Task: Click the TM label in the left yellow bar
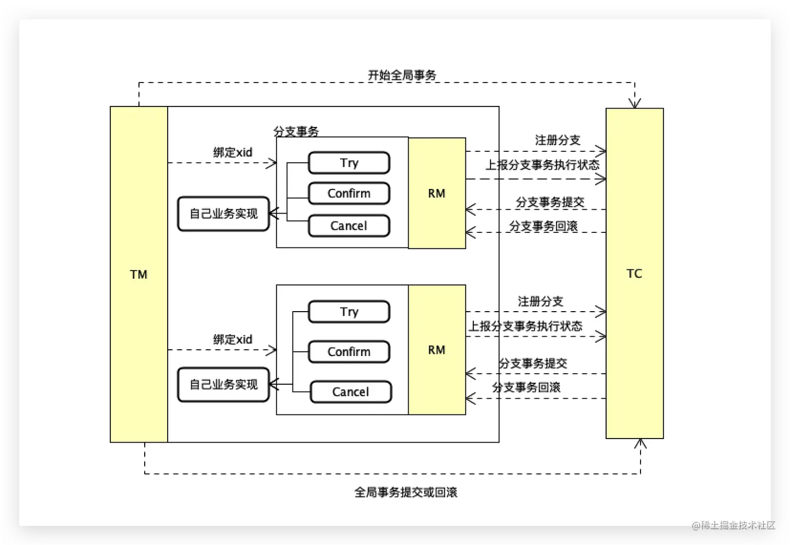pos(138,275)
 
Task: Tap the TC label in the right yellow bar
pos(634,274)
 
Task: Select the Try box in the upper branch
pos(349,163)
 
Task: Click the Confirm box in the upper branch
pos(349,194)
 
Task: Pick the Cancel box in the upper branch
pos(349,226)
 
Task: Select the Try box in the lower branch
pos(349,312)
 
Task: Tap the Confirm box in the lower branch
pos(349,352)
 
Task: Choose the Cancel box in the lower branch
pos(351,392)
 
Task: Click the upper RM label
pos(437,194)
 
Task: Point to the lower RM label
pos(437,350)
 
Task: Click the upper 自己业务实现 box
pos(224,214)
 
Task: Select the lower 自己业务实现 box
pos(224,385)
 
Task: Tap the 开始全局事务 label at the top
pos(402,75)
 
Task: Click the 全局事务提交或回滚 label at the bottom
pos(405,492)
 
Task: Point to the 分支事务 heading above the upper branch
pos(296,132)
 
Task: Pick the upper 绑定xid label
pos(233,152)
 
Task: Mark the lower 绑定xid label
pos(233,339)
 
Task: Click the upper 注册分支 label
pos(557,140)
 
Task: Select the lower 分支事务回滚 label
pos(526,387)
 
